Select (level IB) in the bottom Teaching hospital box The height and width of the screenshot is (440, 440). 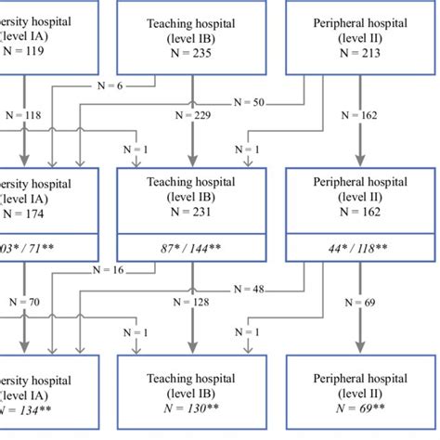click(x=191, y=394)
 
